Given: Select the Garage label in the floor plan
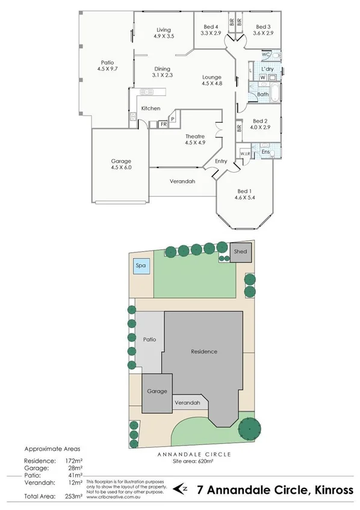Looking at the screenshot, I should coord(121,161).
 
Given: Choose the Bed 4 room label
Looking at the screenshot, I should coord(210,26).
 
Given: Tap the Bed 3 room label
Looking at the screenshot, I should coord(264,26).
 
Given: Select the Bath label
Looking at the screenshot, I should coord(262,95).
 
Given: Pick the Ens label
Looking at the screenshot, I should coord(265,152).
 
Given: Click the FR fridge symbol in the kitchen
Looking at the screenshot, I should coord(163,124).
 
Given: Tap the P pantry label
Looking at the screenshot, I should coord(172,119).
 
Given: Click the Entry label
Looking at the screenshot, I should coord(221,161).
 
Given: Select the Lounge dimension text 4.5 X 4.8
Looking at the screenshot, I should coord(212,83).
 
